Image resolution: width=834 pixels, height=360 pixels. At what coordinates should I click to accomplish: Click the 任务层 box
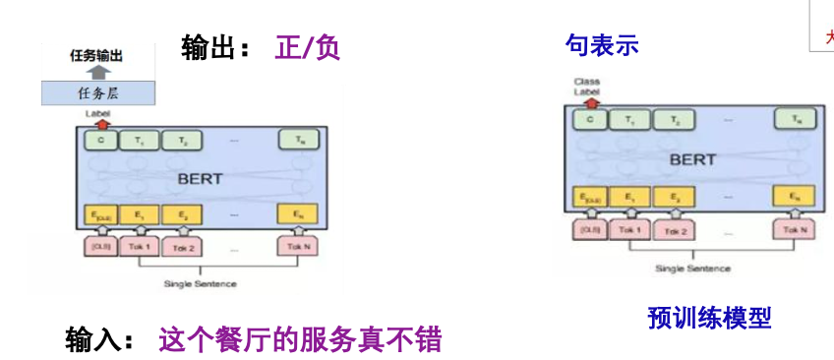pyautogui.click(x=97, y=93)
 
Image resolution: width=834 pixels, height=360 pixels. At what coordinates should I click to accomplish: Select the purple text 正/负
pyautogui.click(x=307, y=47)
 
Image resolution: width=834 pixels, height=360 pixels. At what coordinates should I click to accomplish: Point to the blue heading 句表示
pyautogui.click(x=602, y=45)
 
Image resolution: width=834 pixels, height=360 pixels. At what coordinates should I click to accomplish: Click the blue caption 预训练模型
pyautogui.click(x=709, y=317)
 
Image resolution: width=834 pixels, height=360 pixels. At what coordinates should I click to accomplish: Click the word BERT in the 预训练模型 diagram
pyautogui.click(x=692, y=158)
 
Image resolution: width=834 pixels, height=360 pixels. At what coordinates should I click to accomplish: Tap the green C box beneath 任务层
pyautogui.click(x=100, y=141)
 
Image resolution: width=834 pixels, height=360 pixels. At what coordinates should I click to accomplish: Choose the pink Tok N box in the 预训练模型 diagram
pyautogui.click(x=794, y=230)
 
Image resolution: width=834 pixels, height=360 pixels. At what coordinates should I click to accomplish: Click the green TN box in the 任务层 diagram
pyautogui.click(x=298, y=141)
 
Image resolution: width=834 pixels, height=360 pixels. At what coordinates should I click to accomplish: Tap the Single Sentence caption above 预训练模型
pyautogui.click(x=693, y=269)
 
